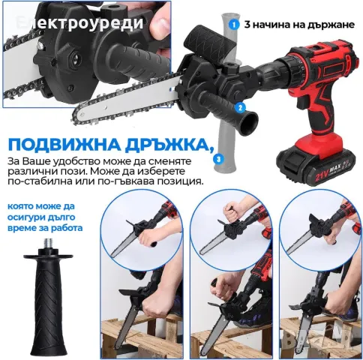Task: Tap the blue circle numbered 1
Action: click(235, 24)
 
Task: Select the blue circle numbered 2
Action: click(241, 106)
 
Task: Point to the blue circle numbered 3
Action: click(217, 159)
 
